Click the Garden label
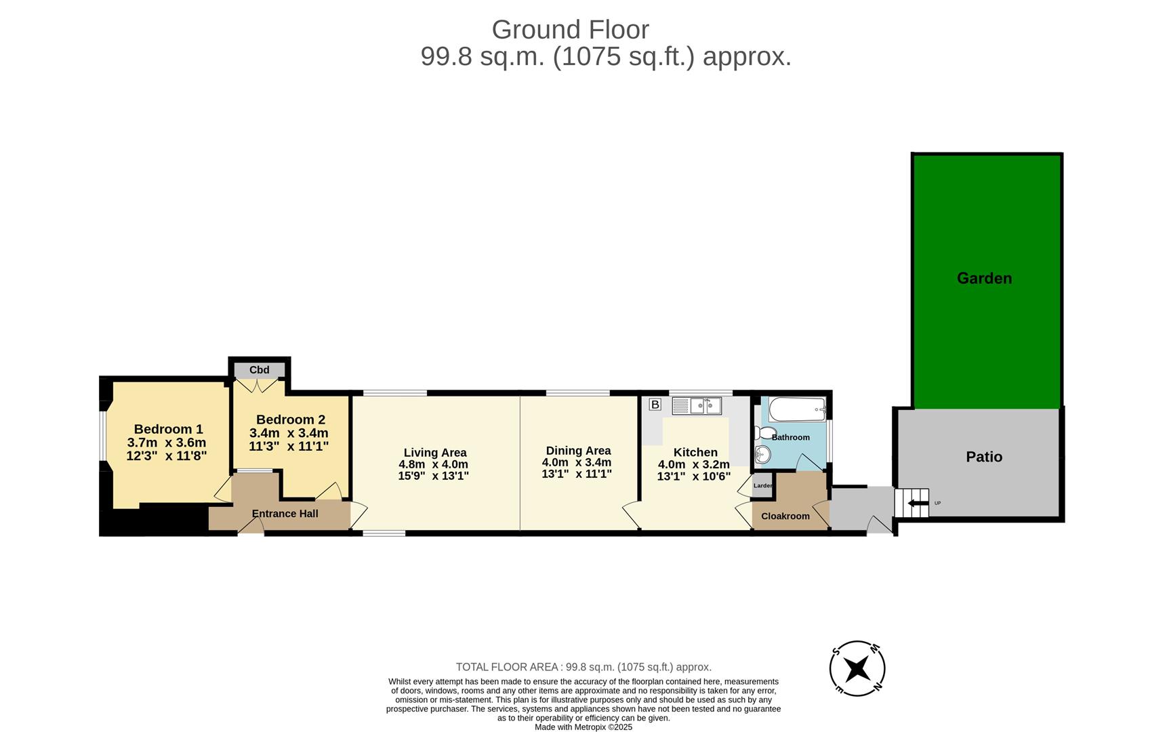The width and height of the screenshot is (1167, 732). click(x=984, y=278)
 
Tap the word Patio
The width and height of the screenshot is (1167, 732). click(x=984, y=457)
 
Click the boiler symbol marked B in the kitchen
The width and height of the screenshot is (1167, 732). click(x=655, y=405)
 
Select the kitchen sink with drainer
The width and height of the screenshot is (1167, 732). click(x=697, y=406)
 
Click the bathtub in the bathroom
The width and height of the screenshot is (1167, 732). click(x=797, y=409)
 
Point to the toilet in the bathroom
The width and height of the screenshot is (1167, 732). click(x=766, y=433)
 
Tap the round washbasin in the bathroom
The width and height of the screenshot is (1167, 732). click(x=763, y=455)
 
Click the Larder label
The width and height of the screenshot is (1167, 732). click(x=762, y=485)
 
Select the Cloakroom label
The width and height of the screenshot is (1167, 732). click(x=785, y=516)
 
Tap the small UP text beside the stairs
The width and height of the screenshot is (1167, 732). click(x=937, y=503)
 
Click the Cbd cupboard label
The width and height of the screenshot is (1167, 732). click(x=259, y=370)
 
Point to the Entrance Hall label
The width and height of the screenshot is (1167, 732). click(x=285, y=514)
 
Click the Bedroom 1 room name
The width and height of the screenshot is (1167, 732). click(x=168, y=429)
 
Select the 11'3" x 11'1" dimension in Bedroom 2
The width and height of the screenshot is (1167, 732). click(x=289, y=446)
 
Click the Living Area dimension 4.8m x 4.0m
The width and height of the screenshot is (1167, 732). click(x=434, y=464)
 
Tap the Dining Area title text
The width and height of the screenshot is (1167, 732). click(x=578, y=451)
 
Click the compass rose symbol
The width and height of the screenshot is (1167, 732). click(x=857, y=668)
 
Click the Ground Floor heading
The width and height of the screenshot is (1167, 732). click(x=570, y=30)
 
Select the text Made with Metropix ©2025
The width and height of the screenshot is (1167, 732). click(x=583, y=727)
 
